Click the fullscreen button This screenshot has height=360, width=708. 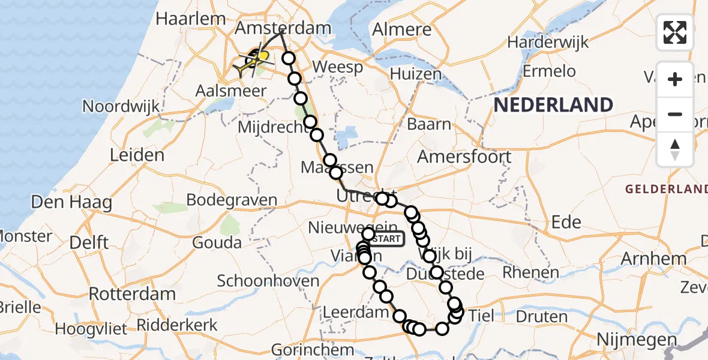click(675, 32)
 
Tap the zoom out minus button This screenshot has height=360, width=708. click(675, 114)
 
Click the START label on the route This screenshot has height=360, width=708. click(388, 239)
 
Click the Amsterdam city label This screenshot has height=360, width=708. click(283, 28)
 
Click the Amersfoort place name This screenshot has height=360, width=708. click(464, 157)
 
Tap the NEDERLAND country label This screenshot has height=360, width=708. click(553, 105)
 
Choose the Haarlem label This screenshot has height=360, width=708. click(190, 19)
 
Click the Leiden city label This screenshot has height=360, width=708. click(137, 155)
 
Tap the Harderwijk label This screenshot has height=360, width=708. click(548, 43)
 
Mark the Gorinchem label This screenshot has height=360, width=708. click(312, 349)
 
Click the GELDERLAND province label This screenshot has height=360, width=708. click(666, 189)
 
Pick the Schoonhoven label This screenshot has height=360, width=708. click(268, 280)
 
